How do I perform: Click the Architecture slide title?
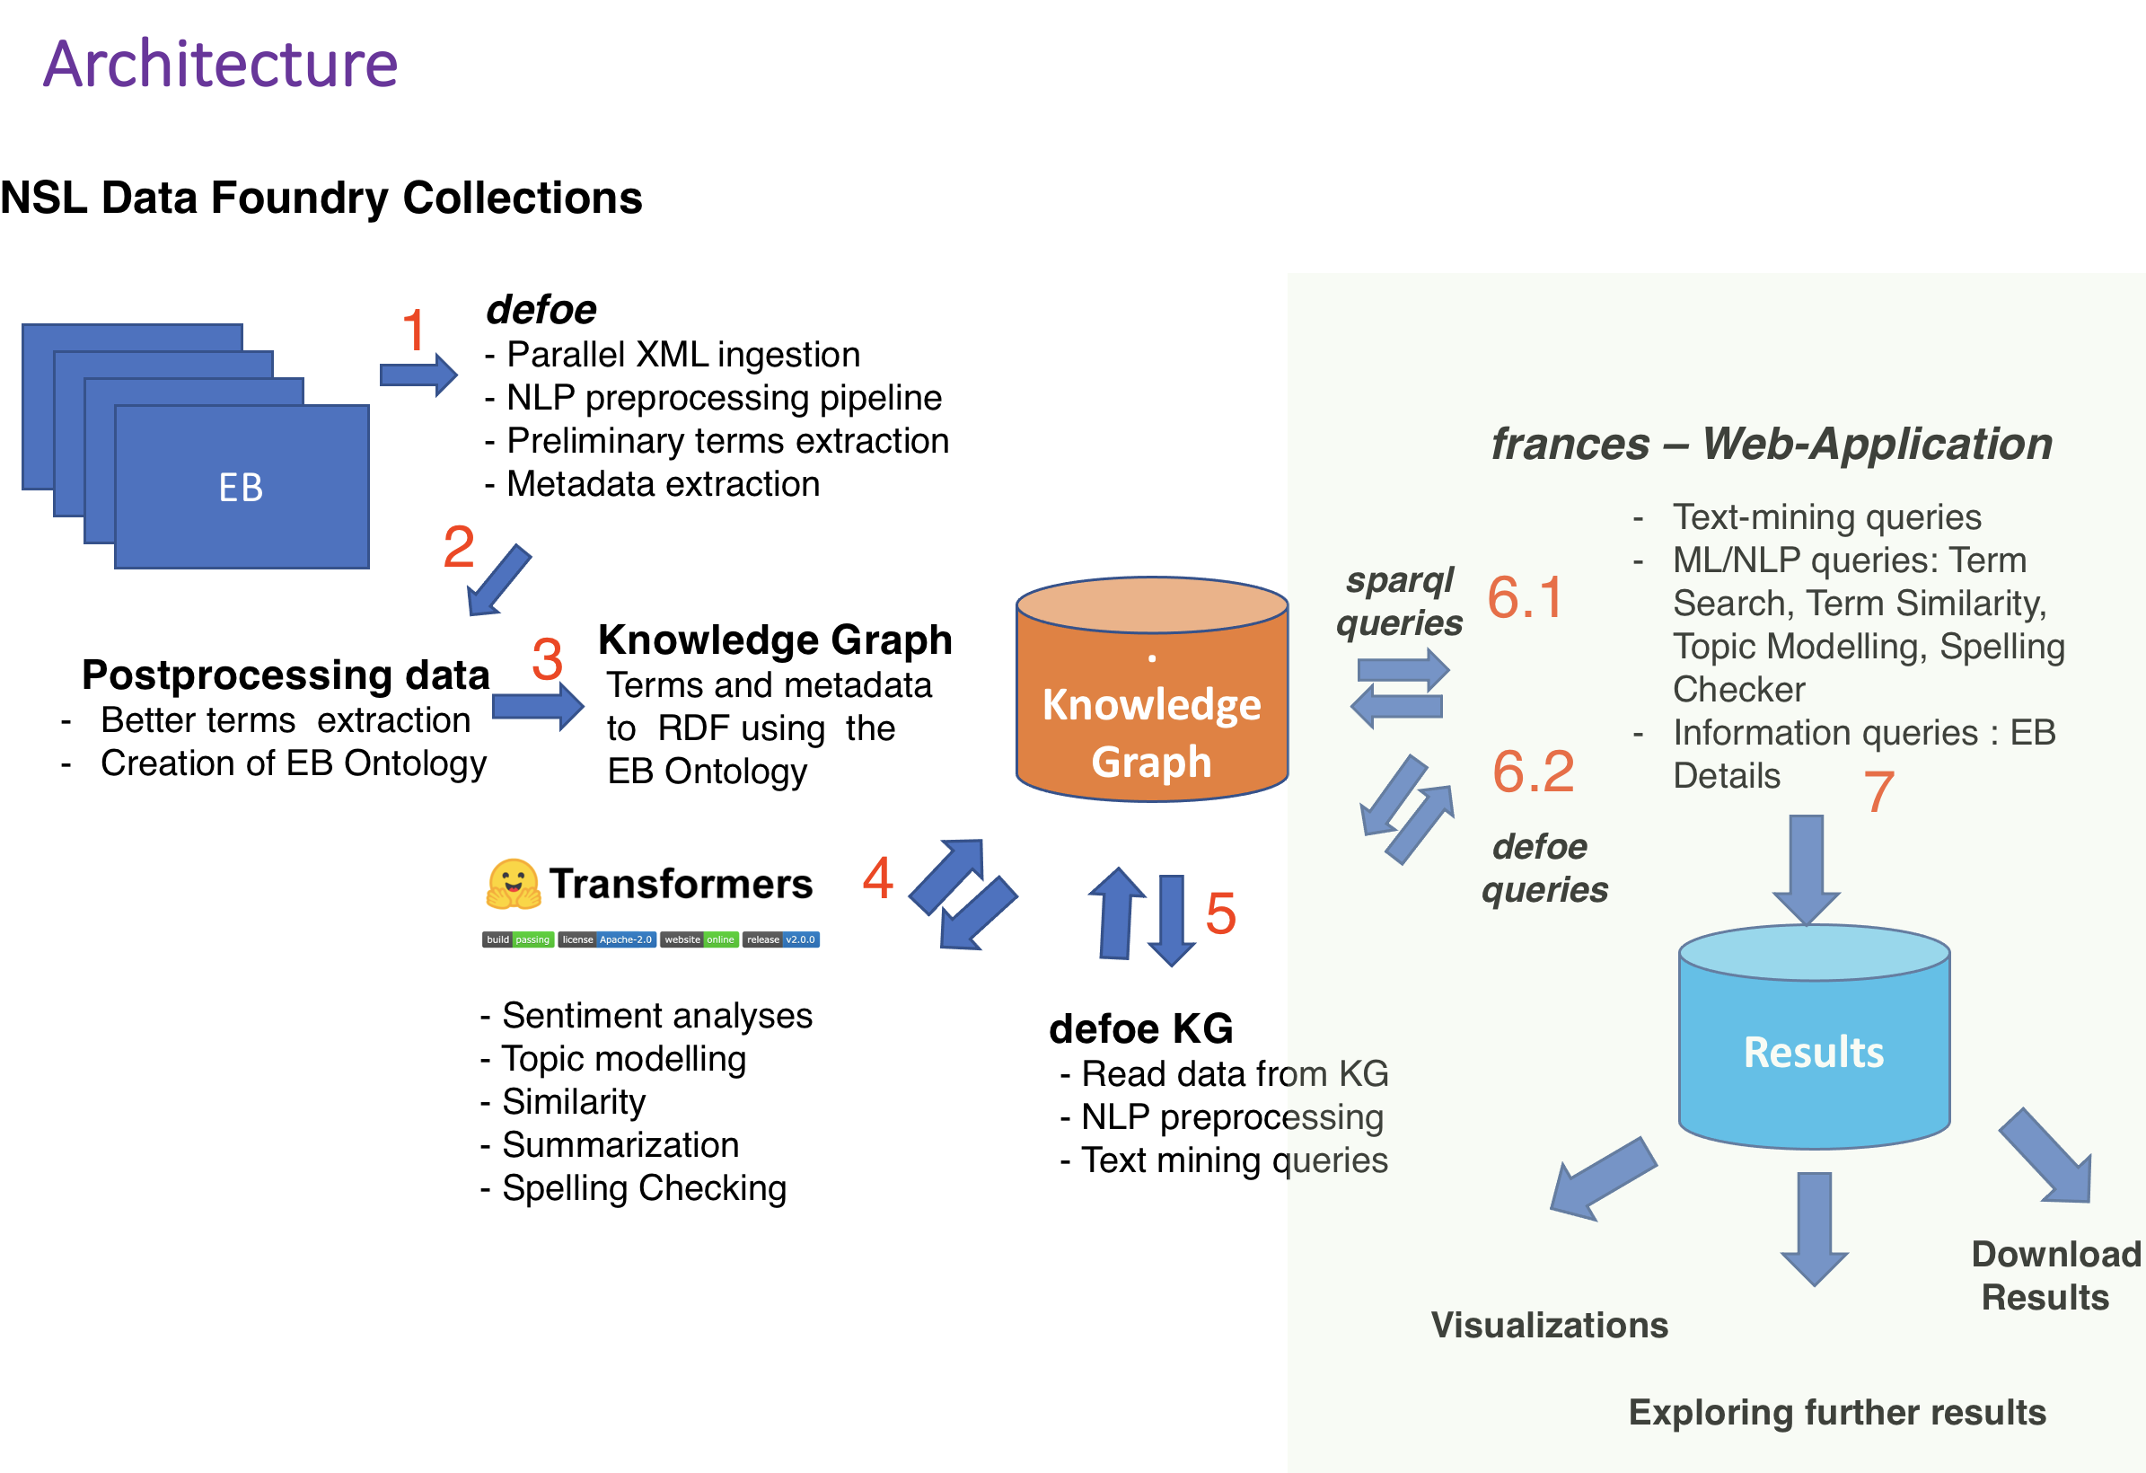tap(220, 65)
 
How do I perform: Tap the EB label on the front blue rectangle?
tap(241, 488)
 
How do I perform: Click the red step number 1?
tap(414, 330)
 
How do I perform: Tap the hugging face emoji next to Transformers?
tap(513, 884)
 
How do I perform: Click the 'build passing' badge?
tap(517, 939)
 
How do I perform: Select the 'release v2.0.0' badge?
tap(781, 939)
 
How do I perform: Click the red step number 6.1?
tap(1525, 597)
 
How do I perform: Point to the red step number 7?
tap(1878, 792)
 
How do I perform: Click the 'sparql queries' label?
tap(1399, 601)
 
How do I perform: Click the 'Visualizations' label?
tap(1550, 1325)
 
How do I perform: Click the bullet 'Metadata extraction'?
tap(662, 484)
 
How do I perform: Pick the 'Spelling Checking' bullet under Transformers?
tap(643, 1187)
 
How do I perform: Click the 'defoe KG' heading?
tap(1140, 1028)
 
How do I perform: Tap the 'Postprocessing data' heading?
tap(286, 675)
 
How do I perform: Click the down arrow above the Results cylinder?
tap(1807, 869)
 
